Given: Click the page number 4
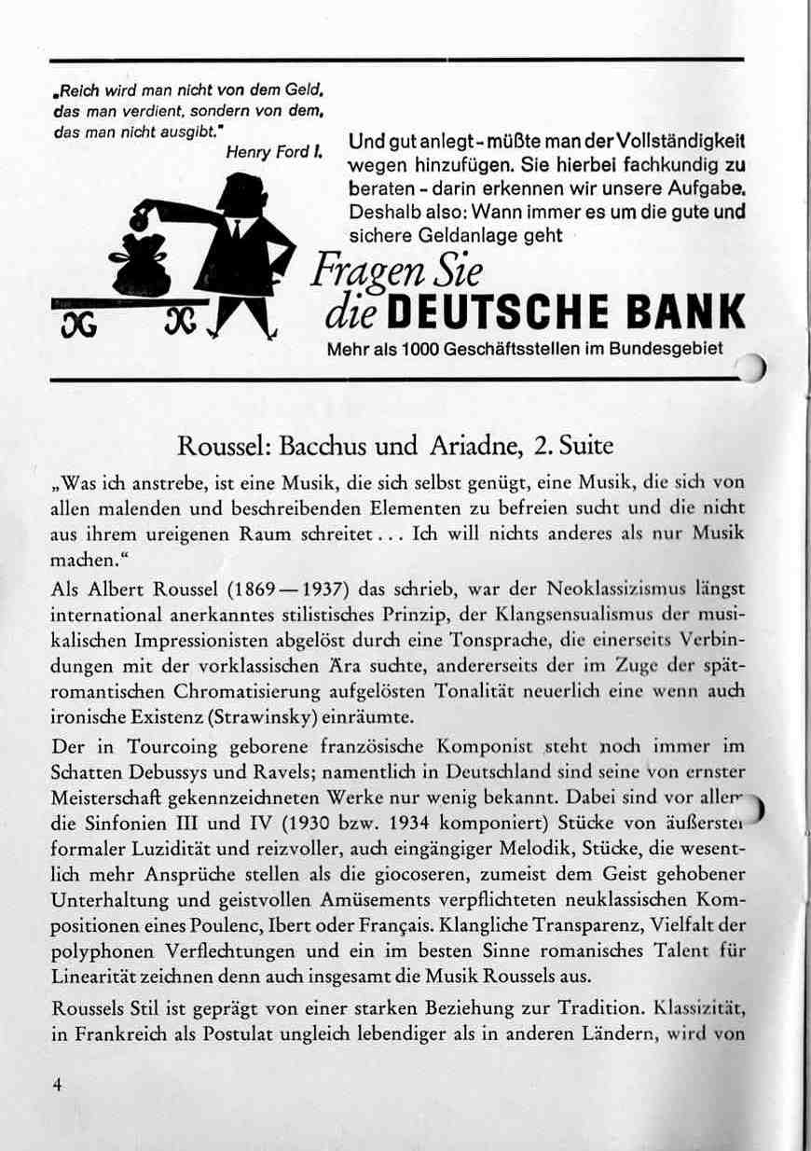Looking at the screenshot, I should [57, 1085].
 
